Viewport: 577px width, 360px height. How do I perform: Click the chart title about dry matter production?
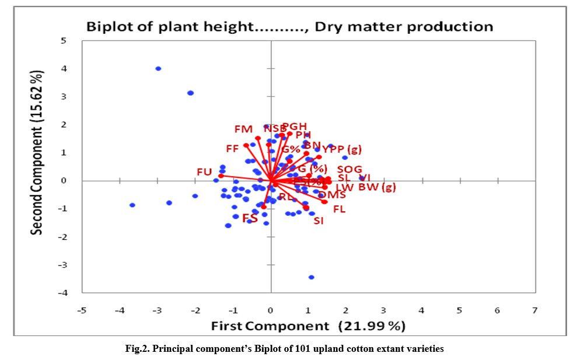coord(289,26)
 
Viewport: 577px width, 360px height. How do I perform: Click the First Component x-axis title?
coord(307,325)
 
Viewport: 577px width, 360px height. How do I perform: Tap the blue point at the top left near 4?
coord(158,69)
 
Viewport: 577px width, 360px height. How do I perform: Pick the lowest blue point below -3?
coord(312,277)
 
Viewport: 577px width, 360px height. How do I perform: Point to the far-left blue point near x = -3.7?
coord(132,205)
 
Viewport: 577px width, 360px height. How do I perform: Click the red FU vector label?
coord(204,172)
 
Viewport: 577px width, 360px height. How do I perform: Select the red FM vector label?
coord(243,129)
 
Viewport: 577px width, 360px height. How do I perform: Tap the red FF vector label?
coord(232,149)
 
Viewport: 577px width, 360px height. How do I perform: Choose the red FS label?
coord(250,219)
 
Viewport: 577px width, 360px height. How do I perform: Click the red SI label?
coord(318,221)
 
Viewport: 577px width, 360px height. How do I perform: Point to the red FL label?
coord(339,209)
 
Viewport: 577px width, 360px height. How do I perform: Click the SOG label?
coord(349,169)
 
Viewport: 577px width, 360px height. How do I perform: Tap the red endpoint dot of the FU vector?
coord(221,176)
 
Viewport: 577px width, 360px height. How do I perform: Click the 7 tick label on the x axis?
coord(535,310)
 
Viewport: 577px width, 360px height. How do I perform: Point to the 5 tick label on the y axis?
coord(64,41)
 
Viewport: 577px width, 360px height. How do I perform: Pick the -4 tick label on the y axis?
coord(61,293)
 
